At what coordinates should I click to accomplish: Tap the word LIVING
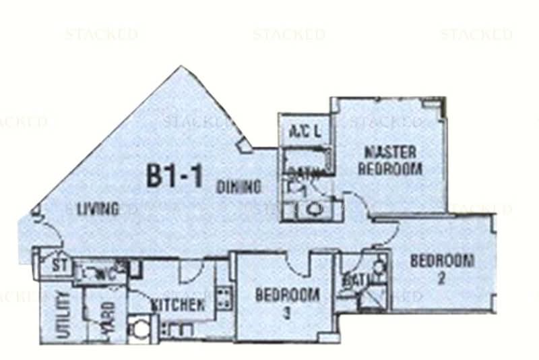pyautogui.click(x=98, y=209)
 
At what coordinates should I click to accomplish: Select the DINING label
pyautogui.click(x=239, y=187)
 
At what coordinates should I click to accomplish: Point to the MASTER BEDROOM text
pyautogui.click(x=390, y=160)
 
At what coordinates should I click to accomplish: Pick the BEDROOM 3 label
pyautogui.click(x=287, y=301)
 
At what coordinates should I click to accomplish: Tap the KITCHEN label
pyautogui.click(x=178, y=304)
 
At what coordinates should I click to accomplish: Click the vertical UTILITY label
pyautogui.click(x=65, y=314)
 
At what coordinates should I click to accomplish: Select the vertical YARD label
pyautogui.click(x=107, y=317)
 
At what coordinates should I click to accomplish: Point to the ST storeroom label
pyautogui.click(x=60, y=266)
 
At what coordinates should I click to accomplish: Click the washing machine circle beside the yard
pyautogui.click(x=142, y=330)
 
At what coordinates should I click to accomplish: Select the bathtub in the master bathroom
pyautogui.click(x=306, y=162)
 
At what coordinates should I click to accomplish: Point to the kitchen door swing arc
pyautogui.click(x=191, y=269)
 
